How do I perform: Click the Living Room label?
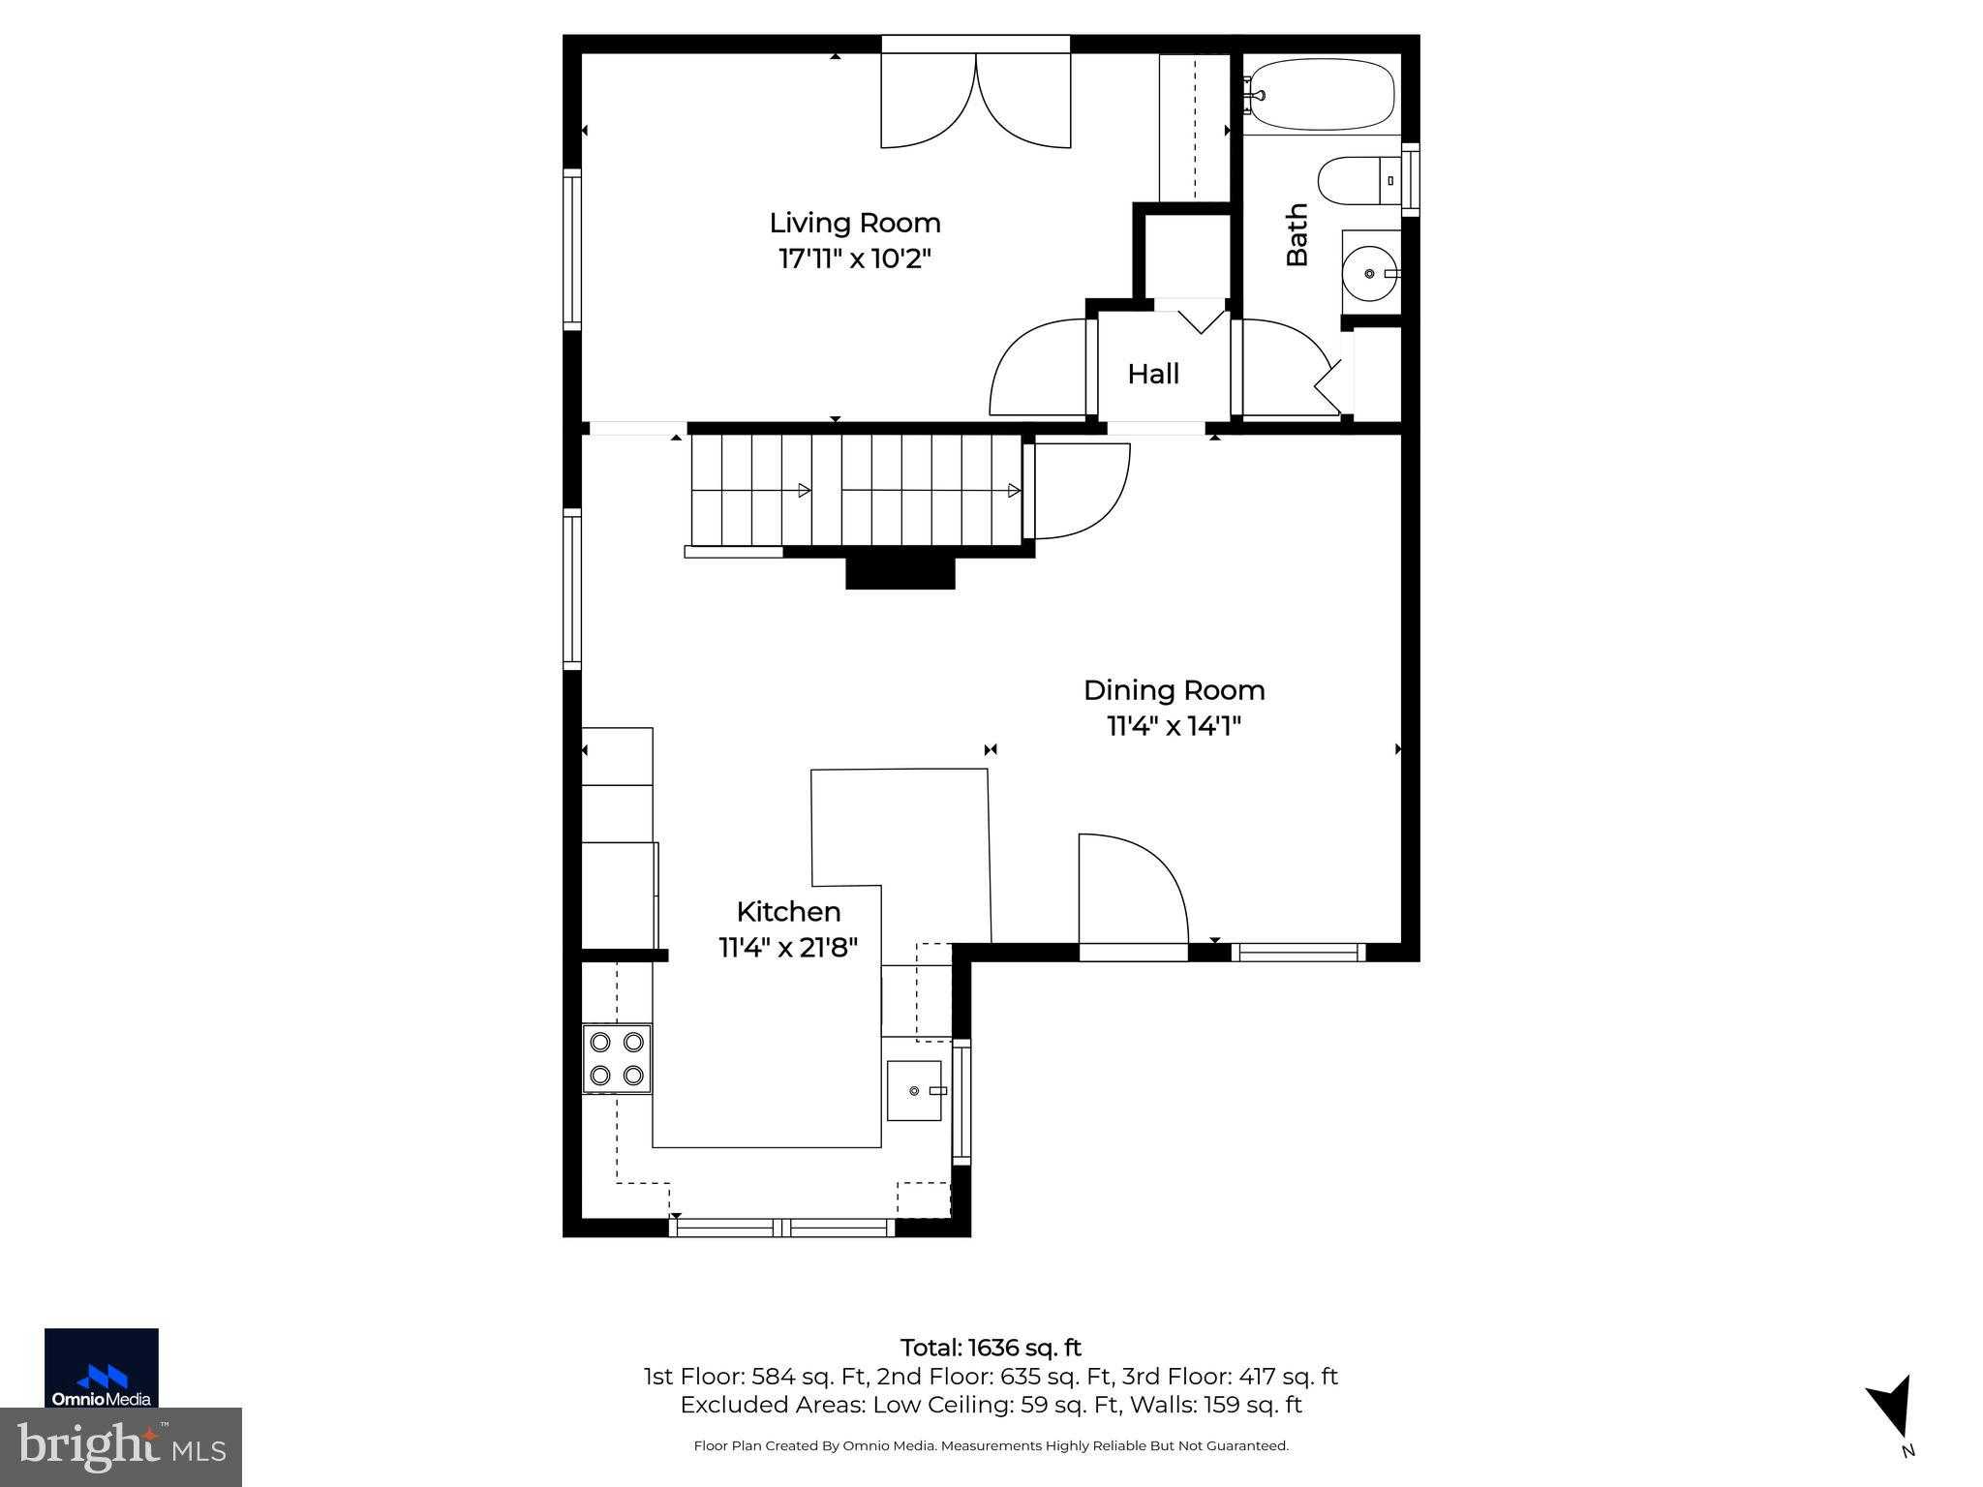(855, 223)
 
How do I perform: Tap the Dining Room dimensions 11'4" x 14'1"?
(1174, 726)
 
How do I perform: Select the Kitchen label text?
(788, 912)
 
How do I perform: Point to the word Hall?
(1153, 375)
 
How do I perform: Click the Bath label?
(1297, 234)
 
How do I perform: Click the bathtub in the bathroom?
(1321, 94)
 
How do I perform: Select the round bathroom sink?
(1369, 274)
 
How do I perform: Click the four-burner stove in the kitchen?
(617, 1058)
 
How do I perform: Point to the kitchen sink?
(914, 1091)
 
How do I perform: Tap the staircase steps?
(857, 490)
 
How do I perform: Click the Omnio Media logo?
(102, 1368)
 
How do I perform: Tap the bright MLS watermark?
(121, 1447)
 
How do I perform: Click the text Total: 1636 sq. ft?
(991, 1348)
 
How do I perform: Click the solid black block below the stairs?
(900, 573)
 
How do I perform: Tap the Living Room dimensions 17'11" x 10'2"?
(855, 259)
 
